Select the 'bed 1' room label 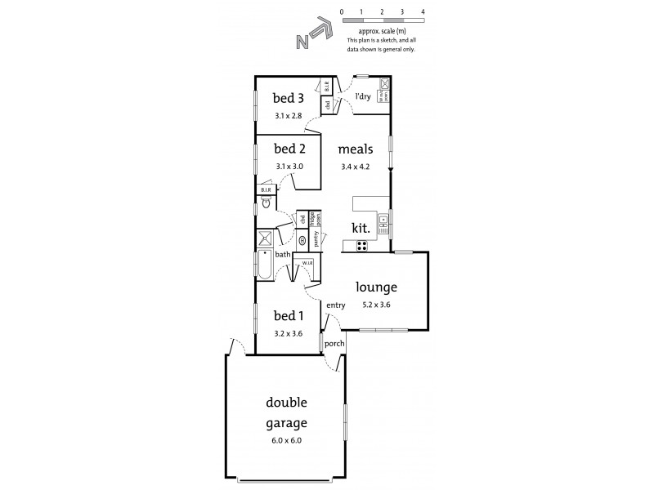click(288, 316)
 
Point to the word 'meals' click(356, 149)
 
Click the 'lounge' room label click(376, 287)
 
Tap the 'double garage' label click(285, 412)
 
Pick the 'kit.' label click(361, 229)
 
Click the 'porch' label click(334, 344)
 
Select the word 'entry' click(336, 305)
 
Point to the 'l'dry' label click(363, 96)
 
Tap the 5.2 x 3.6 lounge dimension click(376, 305)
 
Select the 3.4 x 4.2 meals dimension click(356, 167)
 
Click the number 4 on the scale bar click(423, 13)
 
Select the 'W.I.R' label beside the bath click(307, 263)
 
